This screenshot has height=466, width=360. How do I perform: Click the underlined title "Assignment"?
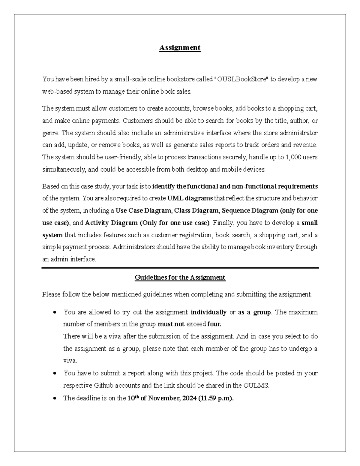tap(180, 48)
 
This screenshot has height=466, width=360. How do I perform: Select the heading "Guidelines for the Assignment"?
tap(180, 277)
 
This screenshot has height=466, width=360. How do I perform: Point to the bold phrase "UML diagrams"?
tap(190, 198)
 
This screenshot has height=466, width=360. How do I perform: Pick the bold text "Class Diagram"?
tap(196, 211)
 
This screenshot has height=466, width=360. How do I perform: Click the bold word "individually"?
tap(208, 312)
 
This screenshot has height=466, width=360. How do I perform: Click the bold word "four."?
tap(214, 324)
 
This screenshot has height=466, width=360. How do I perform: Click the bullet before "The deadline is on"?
tap(54, 399)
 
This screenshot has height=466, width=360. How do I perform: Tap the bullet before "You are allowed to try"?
tap(54, 313)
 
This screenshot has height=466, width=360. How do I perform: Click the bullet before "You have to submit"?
tap(54, 374)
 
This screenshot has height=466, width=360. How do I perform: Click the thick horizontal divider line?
tap(180, 268)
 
